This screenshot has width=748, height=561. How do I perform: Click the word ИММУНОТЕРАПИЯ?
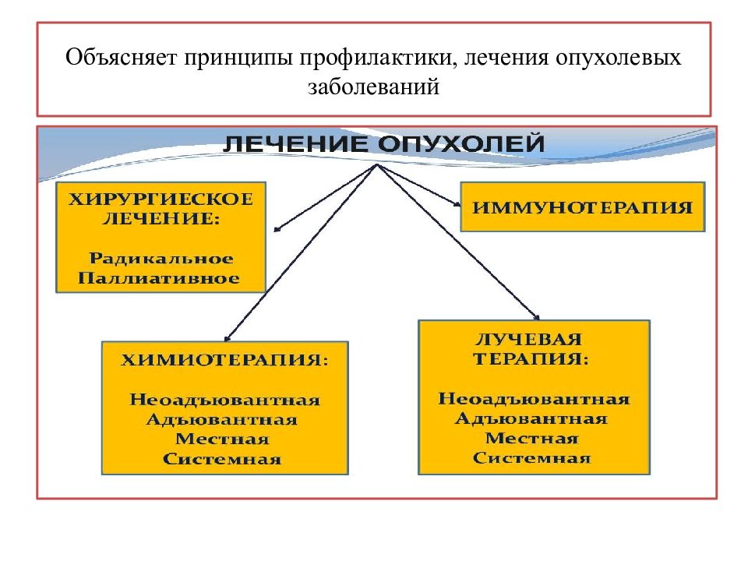click(x=582, y=207)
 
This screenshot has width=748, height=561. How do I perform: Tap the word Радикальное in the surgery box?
click(x=161, y=258)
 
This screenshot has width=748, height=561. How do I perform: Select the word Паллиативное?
click(x=159, y=277)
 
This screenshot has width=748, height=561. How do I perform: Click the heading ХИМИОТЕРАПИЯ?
click(x=224, y=359)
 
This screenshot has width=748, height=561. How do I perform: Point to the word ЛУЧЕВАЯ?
click(x=528, y=339)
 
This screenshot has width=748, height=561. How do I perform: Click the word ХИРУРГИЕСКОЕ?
click(x=161, y=199)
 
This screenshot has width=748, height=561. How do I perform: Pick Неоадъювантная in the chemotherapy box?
click(x=224, y=399)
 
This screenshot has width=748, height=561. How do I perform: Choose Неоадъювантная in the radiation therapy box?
click(x=534, y=398)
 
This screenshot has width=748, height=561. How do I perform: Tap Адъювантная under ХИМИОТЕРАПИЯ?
click(x=222, y=419)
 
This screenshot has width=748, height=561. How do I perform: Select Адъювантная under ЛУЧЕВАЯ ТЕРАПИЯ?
click(x=531, y=418)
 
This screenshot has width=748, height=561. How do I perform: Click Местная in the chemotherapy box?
click(x=222, y=439)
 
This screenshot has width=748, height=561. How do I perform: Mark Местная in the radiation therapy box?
click(x=531, y=438)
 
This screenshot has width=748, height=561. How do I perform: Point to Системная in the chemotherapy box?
click(x=222, y=459)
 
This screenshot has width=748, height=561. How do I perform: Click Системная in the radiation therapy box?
click(x=531, y=458)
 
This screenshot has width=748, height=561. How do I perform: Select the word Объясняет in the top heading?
click(x=122, y=57)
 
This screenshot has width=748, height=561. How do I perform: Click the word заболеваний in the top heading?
click(x=373, y=86)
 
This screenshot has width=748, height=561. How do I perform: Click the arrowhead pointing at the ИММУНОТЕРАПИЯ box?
click(x=457, y=204)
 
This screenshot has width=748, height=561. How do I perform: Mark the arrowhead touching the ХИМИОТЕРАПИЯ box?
click(x=227, y=338)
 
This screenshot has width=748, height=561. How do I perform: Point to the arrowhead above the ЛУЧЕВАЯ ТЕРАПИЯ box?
click(x=537, y=316)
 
